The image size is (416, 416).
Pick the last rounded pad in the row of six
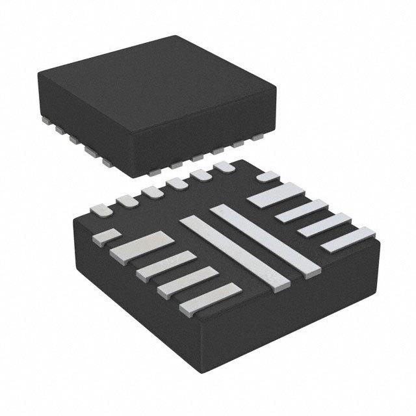click(x=225, y=168)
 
